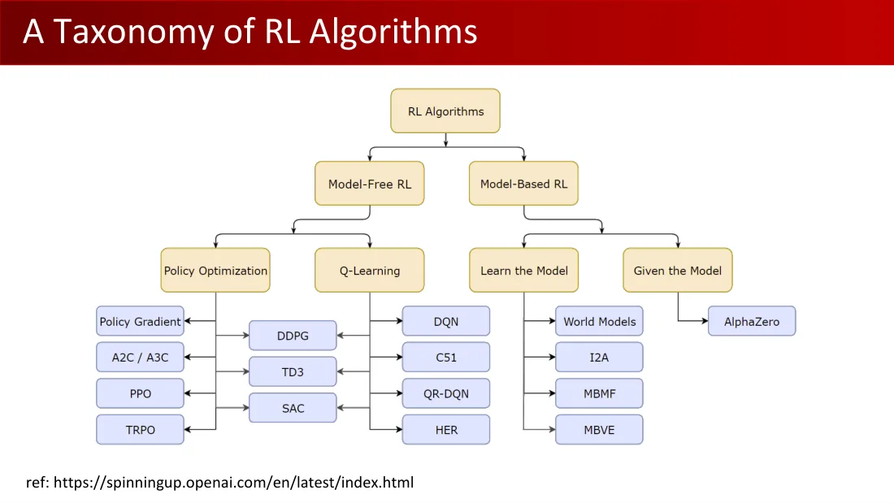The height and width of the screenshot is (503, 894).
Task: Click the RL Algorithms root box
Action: click(445, 111)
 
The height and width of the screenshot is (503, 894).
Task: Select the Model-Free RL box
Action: click(370, 184)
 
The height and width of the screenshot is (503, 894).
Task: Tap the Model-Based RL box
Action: click(523, 184)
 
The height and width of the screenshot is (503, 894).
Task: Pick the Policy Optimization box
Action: click(215, 271)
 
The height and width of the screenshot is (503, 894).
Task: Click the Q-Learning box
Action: click(370, 271)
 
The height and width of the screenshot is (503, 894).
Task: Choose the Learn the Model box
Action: click(524, 271)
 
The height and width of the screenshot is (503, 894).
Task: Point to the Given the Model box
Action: click(677, 271)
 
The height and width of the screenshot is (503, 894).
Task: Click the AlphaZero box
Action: click(752, 321)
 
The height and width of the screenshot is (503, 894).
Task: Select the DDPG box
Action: click(293, 336)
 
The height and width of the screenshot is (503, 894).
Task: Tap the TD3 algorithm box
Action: click(293, 372)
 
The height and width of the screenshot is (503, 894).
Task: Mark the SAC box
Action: click(293, 408)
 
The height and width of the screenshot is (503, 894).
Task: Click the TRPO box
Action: click(141, 429)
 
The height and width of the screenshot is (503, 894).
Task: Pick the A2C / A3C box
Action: click(141, 357)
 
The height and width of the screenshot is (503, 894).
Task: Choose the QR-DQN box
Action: click(446, 393)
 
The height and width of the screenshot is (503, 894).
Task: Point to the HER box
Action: click(446, 429)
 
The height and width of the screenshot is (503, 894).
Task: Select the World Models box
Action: click(599, 321)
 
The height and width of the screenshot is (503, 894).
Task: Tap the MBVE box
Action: click(599, 429)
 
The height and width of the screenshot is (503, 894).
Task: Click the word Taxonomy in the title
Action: click(133, 32)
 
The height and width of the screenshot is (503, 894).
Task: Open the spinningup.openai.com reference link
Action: click(234, 483)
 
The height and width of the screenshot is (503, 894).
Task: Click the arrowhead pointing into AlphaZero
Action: click(705, 321)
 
